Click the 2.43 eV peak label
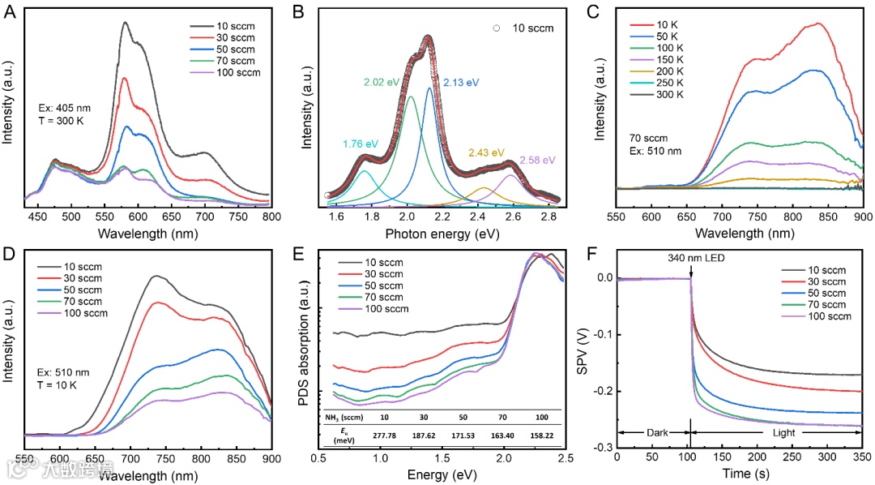tap(485, 152)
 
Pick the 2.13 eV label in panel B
tap(460, 83)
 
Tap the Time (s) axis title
tap(739, 475)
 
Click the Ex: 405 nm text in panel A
tap(66, 107)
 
